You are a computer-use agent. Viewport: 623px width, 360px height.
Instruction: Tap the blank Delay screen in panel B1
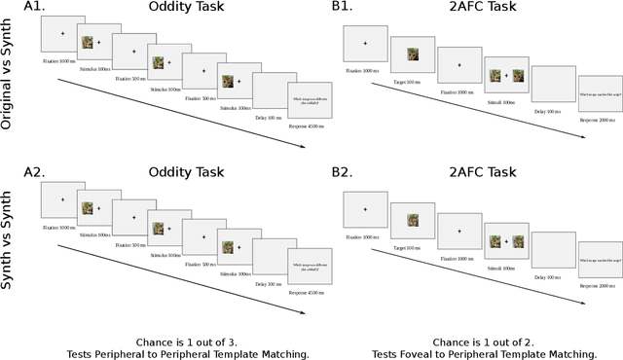coord(553,83)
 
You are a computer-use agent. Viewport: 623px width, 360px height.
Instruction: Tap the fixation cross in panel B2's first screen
coord(365,208)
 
